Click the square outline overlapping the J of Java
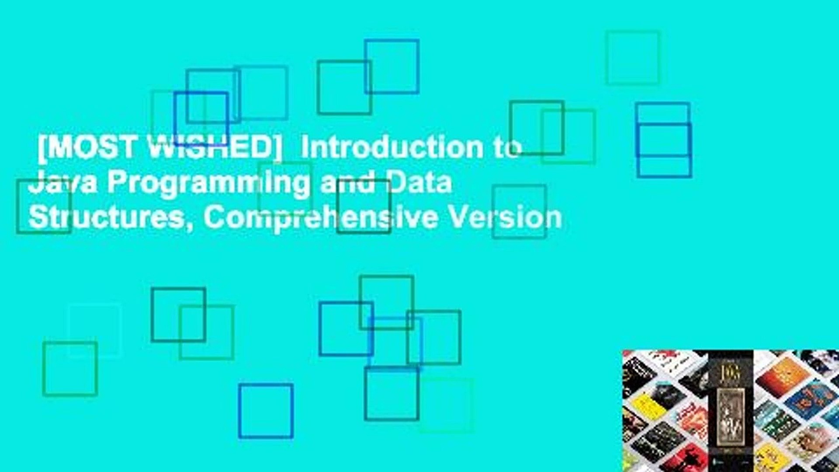pos(44,206)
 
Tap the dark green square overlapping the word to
pos(537,128)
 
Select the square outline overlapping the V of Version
pos(519,212)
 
